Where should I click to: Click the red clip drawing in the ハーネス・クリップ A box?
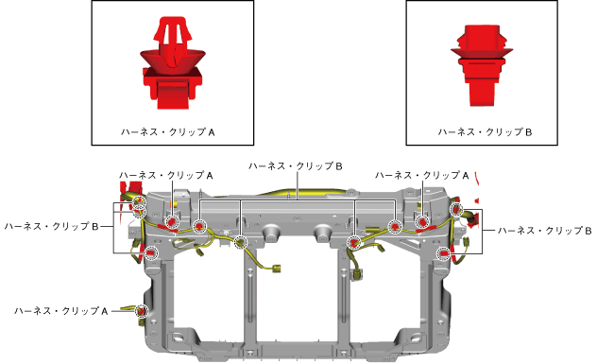point(172,63)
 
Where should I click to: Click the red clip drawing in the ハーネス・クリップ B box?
point(482,65)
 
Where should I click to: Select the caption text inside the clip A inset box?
point(168,132)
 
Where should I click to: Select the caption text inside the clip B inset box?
point(485,132)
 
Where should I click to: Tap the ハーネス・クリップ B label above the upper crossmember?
point(296,166)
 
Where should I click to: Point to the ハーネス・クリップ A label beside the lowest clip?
point(61,311)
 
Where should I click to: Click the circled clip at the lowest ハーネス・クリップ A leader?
point(142,311)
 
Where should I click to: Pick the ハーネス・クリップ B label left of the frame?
point(51,226)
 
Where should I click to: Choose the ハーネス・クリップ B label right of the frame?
point(545,231)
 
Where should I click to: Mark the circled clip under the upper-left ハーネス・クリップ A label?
point(172,221)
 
